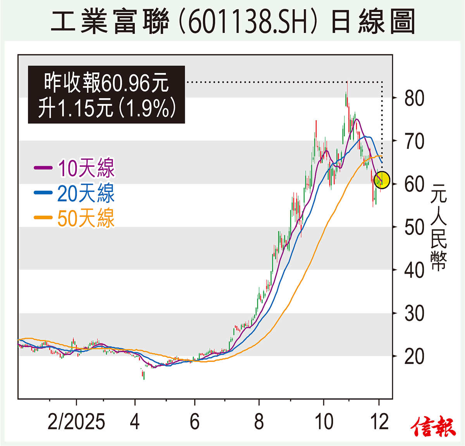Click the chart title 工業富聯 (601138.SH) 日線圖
click(232, 22)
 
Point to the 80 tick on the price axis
click(414, 98)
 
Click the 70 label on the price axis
click(414, 141)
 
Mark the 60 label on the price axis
click(414, 184)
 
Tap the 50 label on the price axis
click(414, 227)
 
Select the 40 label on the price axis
click(414, 270)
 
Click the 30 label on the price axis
click(414, 313)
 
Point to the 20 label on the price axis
click(414, 356)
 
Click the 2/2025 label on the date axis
click(76, 422)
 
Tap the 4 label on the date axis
click(134, 422)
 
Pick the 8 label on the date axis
click(259, 422)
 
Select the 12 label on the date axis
click(379, 422)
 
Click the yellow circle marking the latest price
click(382, 180)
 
